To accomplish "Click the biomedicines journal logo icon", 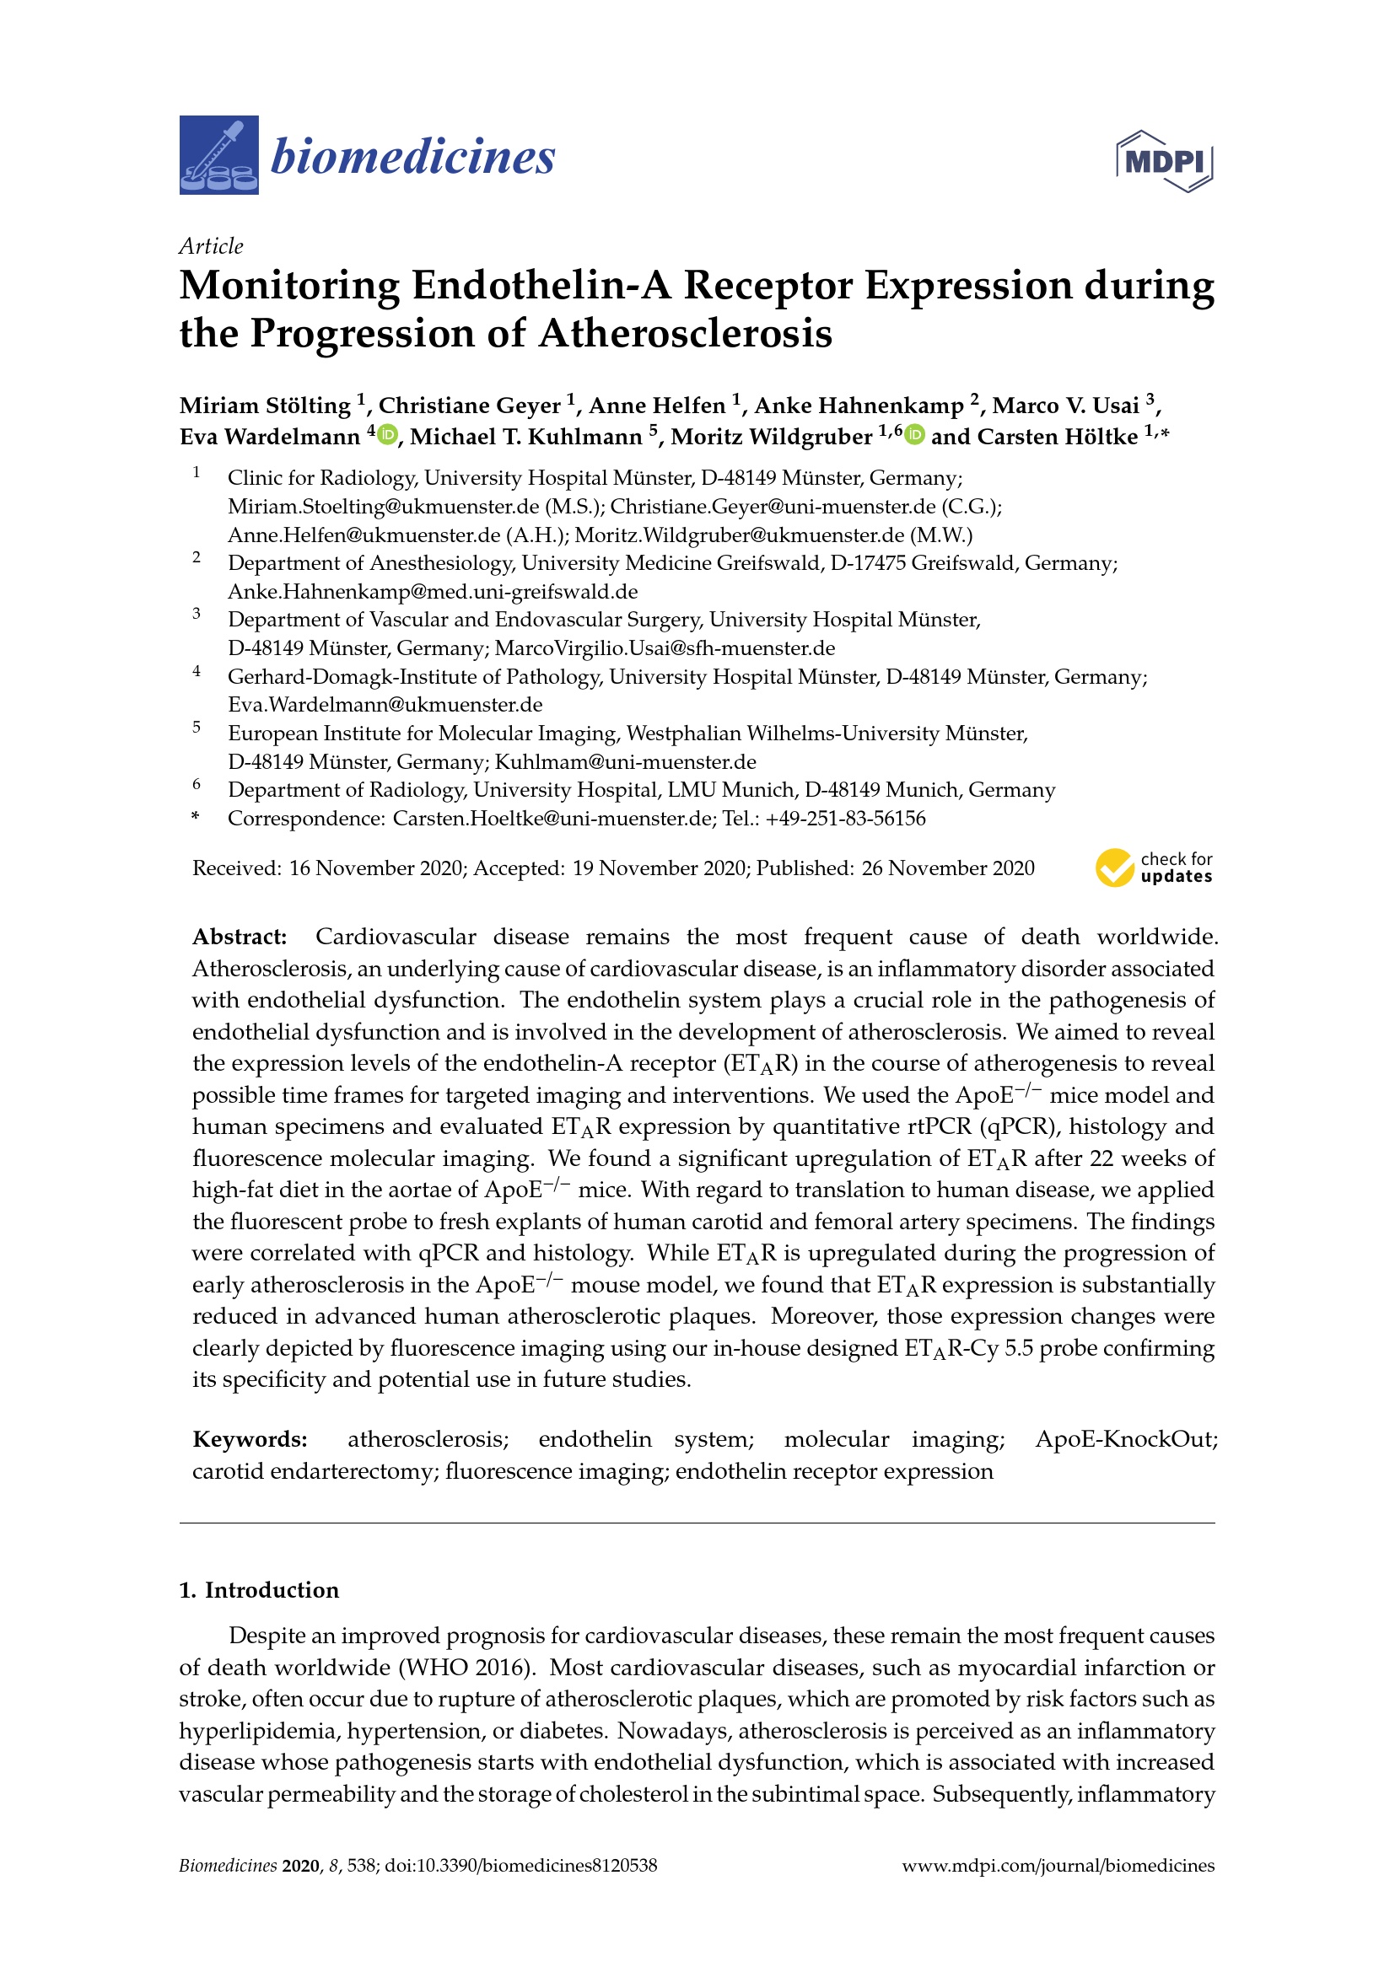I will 218,155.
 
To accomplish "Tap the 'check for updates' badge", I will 1153,868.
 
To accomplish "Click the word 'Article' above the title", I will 211,246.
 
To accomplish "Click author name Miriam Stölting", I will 265,406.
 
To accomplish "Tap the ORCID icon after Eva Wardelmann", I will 388,435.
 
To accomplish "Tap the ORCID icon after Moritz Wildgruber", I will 915,435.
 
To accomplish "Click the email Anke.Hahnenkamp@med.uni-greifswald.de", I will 432,592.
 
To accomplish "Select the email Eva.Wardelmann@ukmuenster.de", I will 385,705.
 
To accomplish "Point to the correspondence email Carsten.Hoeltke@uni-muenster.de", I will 552,819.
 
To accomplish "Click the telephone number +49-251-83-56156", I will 845,819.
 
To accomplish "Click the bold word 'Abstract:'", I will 240,936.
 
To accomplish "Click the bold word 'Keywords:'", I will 249,1439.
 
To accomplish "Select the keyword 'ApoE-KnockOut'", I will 1125,1439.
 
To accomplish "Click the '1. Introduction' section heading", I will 259,1591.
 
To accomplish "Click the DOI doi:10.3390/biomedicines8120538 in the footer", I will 520,1866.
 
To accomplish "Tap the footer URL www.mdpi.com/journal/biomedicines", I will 1058,1866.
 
